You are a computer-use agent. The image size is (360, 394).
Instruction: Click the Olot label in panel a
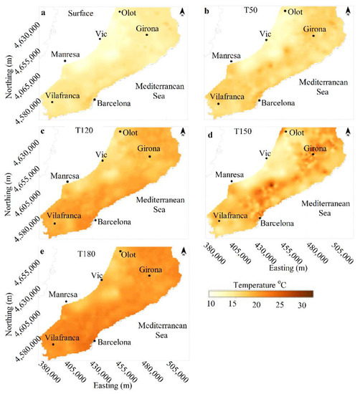tap(131, 12)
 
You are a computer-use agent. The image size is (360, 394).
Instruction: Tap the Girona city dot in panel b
tap(313, 35)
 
